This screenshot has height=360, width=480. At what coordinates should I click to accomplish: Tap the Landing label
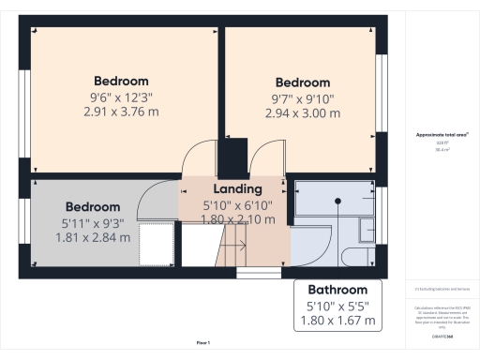231,189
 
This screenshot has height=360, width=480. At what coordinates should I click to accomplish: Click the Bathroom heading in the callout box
338,289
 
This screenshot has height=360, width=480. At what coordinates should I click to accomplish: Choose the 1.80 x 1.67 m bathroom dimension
338,321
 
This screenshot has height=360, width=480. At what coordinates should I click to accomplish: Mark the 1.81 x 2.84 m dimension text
92,237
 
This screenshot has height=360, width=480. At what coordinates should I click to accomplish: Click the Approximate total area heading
442,135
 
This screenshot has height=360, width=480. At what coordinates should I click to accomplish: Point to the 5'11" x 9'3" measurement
92,222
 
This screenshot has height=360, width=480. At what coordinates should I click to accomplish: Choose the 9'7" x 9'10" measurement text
302,97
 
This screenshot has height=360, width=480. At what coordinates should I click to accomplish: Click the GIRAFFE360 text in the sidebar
442,336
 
